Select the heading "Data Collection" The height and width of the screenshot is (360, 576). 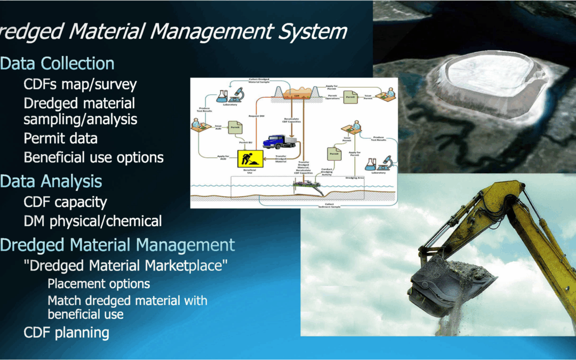coord(57,63)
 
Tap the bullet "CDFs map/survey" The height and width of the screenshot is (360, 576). coord(80,84)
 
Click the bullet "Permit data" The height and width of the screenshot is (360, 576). coord(60,138)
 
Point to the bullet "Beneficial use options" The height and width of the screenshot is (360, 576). coord(93,157)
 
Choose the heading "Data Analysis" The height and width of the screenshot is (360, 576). coord(51,181)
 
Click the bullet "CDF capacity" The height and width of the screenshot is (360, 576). coord(65,202)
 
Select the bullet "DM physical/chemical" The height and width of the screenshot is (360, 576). coord(92,221)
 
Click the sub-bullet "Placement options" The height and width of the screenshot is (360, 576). coord(99,284)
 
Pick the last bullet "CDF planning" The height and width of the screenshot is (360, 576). coord(66,333)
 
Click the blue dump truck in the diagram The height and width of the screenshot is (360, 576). coord(279,141)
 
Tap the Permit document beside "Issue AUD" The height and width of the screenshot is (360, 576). coord(235,127)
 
